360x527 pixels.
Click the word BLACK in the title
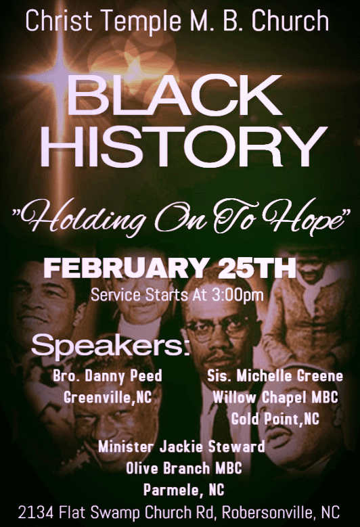(x=176, y=95)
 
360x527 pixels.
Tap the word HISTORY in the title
(x=184, y=147)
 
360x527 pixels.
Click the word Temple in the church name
(x=141, y=21)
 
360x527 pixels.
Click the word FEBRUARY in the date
(x=125, y=269)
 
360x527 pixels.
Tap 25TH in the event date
(x=257, y=269)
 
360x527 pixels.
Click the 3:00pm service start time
(x=238, y=295)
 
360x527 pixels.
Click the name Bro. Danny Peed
(x=108, y=375)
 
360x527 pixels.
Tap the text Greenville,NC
(x=108, y=397)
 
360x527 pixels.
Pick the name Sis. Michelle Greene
(x=275, y=375)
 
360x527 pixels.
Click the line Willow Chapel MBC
(x=275, y=397)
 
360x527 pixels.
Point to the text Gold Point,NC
(x=275, y=419)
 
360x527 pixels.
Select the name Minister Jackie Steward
(x=181, y=446)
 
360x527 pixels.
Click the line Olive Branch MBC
(x=184, y=468)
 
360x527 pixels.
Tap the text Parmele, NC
(x=184, y=490)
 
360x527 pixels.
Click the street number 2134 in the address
(x=36, y=513)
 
